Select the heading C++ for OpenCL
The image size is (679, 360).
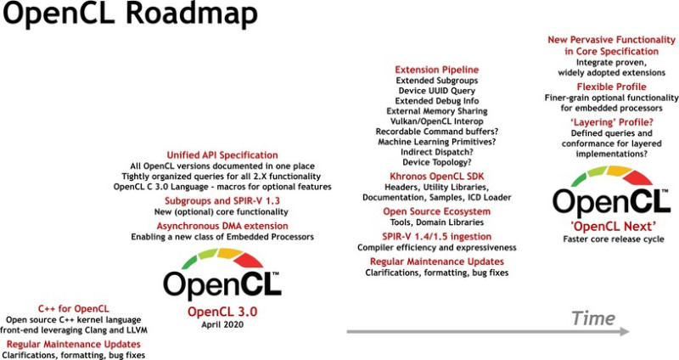73,307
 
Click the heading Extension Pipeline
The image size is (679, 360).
436,69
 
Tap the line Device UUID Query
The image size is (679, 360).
436,91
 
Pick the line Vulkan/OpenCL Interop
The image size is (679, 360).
436,121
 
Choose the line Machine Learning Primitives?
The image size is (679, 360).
436,142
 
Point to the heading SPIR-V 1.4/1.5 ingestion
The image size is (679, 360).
436,235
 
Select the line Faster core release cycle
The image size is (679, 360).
601,239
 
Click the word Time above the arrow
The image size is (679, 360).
592,318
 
